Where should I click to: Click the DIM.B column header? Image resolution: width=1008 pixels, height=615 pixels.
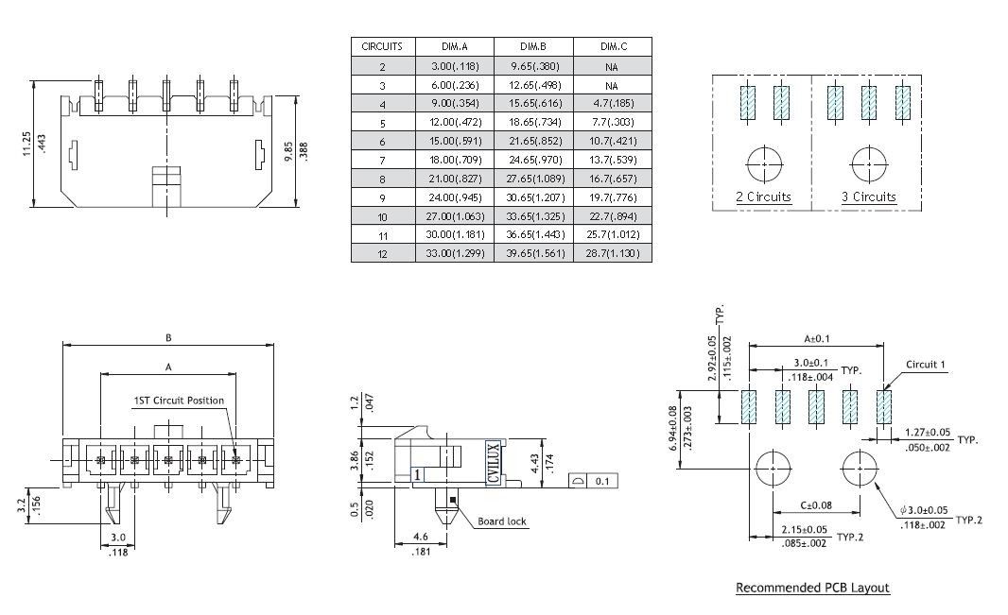coord(533,46)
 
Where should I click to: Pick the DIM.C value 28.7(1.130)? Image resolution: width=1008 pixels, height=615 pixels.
coord(612,254)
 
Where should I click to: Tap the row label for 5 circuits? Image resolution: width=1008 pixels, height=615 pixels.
coord(383,122)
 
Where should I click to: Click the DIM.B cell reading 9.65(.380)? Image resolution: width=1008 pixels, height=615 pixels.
coord(533,66)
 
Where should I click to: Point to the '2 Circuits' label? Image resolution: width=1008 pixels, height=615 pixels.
coord(763,197)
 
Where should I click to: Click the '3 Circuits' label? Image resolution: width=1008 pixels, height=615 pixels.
coord(868,197)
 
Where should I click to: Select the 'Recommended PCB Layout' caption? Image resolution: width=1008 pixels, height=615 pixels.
coord(812,588)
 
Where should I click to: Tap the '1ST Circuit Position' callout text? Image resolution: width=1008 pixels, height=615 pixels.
coord(178,401)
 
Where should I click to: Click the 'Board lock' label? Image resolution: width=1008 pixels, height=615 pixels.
coord(502,521)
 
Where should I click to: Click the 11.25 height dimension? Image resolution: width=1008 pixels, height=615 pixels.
coord(27,145)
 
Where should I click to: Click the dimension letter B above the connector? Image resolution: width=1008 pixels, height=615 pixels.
coord(168,336)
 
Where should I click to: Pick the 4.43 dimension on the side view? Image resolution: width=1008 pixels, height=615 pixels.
coord(564,463)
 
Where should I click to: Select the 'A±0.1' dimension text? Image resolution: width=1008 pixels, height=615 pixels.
coord(816,338)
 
